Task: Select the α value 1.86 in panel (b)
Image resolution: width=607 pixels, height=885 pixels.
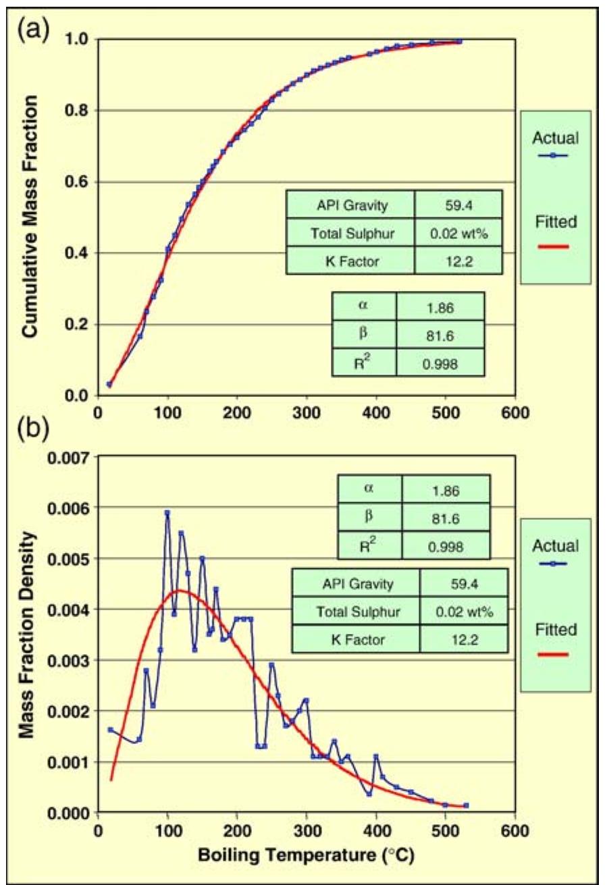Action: [x=446, y=491]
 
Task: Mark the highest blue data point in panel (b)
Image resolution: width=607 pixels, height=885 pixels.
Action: [x=167, y=513]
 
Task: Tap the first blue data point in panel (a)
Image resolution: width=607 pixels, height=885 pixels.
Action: [x=109, y=385]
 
